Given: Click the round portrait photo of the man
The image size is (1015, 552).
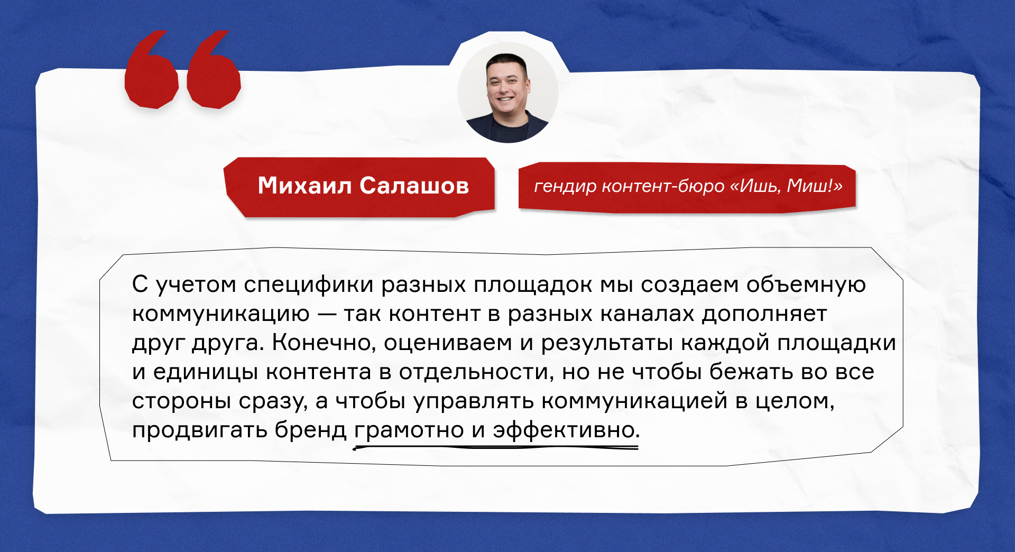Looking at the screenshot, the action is pyautogui.click(x=508, y=93).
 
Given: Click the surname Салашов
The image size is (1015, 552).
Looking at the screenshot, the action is pyautogui.click(x=414, y=186).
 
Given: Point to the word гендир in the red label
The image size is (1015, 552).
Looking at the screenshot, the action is pyautogui.click(x=565, y=187).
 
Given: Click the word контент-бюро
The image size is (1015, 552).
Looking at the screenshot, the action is pyautogui.click(x=663, y=186).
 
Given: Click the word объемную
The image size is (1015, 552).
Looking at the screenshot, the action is pyautogui.click(x=806, y=285).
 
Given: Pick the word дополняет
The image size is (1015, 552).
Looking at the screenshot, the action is pyautogui.click(x=764, y=314).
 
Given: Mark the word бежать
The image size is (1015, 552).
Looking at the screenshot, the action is pyautogui.click(x=751, y=372).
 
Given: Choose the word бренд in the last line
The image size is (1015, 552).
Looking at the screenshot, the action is pyautogui.click(x=310, y=430).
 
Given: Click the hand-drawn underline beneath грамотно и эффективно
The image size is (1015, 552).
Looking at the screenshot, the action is pyautogui.click(x=496, y=447).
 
